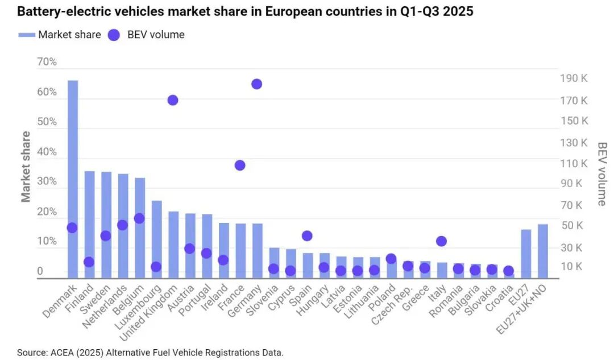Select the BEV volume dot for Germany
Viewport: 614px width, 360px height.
256,84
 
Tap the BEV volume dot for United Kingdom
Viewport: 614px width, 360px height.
173,100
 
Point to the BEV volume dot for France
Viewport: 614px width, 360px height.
240,165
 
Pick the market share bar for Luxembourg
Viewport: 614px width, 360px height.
156,239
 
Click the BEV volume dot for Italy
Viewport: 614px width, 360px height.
441,241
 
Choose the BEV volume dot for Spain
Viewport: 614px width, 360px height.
307,236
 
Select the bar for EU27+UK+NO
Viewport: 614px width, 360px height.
543,251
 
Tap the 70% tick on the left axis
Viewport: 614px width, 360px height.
47,62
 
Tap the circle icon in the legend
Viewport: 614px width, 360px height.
114,35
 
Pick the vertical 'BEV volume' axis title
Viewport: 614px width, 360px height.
602,173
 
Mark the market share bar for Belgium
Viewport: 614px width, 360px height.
140,227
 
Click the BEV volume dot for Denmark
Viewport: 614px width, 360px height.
72,227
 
